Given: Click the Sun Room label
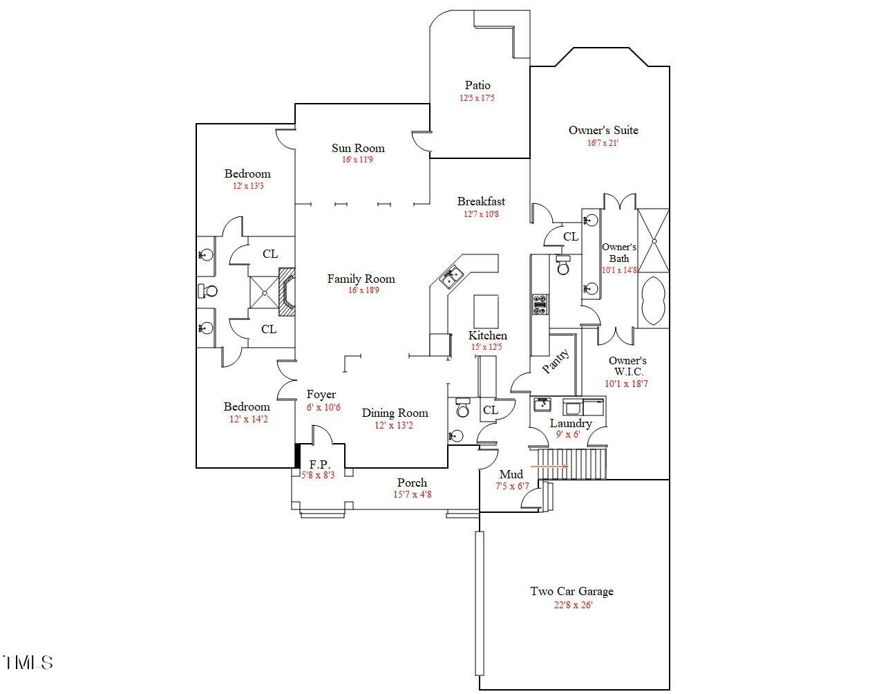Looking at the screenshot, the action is (358, 148).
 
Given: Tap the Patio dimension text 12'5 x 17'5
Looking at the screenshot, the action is (477, 98).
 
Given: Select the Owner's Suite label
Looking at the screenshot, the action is (603, 130).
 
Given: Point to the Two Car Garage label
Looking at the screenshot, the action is (571, 592).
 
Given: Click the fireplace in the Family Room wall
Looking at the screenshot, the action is (287, 292).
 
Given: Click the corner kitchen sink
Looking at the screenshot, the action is (451, 277).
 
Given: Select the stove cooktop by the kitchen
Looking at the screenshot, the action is (540, 305).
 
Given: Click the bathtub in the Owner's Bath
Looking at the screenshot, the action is (653, 301).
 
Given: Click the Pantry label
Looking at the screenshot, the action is (556, 361).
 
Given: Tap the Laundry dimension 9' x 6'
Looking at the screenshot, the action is (568, 434).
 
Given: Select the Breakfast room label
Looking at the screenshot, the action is (481, 201).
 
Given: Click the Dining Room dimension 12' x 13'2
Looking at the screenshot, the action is (394, 425).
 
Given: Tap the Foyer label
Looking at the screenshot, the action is (321, 394).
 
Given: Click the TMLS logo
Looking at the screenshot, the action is (28, 662).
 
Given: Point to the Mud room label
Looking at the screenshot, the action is (511, 474).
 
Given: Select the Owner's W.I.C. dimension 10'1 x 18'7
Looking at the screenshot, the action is (626, 384).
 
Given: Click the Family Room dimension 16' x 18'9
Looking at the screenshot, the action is (363, 290).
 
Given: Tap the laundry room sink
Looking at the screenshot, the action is (542, 404).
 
